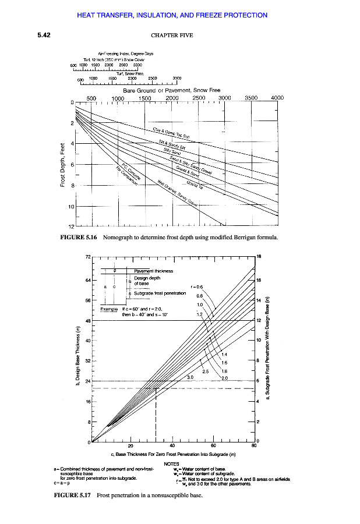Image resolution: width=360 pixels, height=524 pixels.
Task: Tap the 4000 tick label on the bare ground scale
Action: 277,98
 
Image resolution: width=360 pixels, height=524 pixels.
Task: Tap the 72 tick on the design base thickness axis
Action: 87,256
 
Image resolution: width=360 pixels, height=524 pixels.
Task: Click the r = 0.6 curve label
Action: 197,287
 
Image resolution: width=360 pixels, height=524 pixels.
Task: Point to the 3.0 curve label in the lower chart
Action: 190,377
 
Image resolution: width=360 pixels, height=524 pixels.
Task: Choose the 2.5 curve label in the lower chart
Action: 205,371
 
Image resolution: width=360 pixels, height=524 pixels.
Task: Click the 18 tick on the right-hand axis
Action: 259,256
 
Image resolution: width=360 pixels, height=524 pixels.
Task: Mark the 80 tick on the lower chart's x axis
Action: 253,447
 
